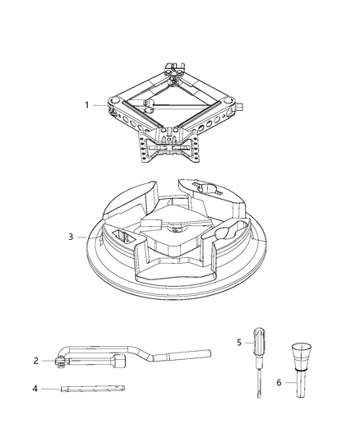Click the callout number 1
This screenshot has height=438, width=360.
click(87, 105)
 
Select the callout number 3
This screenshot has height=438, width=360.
click(72, 237)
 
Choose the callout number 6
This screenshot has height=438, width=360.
click(279, 382)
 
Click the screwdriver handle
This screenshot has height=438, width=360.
click(258, 339)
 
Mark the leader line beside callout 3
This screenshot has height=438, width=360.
click(88, 237)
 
